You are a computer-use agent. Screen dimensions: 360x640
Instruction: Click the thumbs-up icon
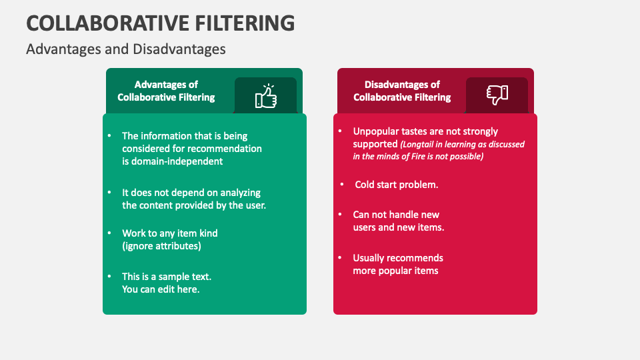pos(266,96)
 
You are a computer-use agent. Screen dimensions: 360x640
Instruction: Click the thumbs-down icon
pos(497,94)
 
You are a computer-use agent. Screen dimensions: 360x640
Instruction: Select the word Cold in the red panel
pos(365,185)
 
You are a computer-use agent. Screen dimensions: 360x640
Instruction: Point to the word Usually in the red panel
pos(371,258)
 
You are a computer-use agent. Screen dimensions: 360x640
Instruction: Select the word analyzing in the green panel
pos(239,193)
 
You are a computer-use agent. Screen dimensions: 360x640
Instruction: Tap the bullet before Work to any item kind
pos(109,233)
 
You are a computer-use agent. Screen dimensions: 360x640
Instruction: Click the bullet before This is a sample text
pos(109,276)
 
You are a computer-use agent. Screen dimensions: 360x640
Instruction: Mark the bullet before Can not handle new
pos(339,215)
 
